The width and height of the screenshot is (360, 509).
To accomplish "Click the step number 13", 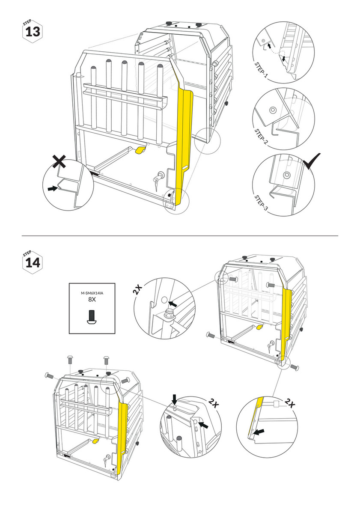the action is point(33,32).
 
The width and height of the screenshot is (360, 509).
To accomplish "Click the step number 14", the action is point(33,262).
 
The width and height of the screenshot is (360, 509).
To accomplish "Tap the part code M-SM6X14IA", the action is point(92,293).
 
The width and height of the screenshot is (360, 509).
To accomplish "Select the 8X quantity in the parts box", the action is point(92,299).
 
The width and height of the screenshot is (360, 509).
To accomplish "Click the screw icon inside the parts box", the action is point(92,317).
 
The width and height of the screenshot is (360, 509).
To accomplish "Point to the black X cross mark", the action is point(60,161).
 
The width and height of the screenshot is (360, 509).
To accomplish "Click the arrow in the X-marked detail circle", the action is point(52,188).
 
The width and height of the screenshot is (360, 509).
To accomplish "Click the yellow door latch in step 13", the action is point(140,149).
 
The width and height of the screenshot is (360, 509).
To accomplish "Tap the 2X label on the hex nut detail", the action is point(138,289).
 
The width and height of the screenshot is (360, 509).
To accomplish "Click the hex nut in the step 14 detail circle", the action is point(168,314).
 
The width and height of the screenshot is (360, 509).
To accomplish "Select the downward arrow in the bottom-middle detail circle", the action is point(175,399).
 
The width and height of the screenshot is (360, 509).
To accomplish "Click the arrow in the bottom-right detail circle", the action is point(259,432).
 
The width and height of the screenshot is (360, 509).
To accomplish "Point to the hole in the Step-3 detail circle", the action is point(286,175).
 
